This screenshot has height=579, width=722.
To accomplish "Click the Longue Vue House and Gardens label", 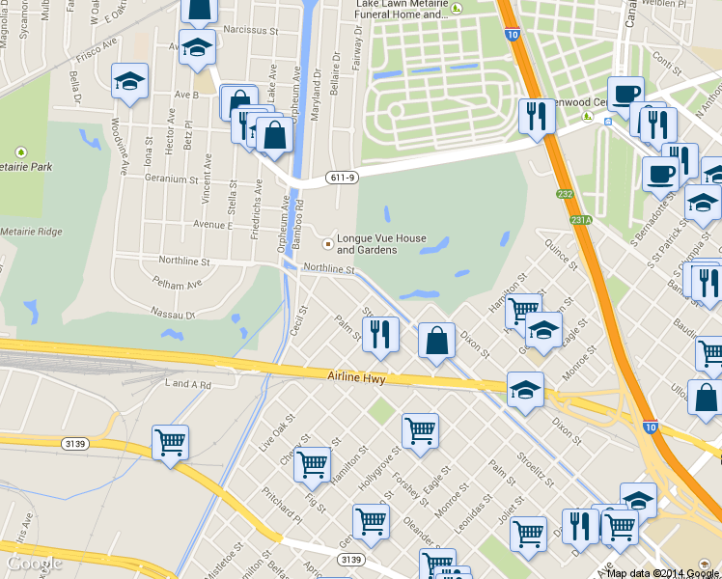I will point(380,244).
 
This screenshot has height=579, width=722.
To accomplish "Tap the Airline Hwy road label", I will point(356,379).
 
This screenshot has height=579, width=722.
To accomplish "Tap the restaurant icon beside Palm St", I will point(383,334).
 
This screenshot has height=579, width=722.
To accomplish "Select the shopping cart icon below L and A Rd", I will point(170,443).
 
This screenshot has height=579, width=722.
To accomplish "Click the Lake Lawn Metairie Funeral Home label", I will point(402,10).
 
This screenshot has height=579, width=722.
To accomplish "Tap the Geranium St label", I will point(170,179).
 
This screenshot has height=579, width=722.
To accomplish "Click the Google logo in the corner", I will point(33,562).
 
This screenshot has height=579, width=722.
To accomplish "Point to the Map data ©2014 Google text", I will point(662,573).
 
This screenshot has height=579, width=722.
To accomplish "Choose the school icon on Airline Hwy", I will point(525,390).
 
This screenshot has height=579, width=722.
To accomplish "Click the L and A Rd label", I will point(188,385).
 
